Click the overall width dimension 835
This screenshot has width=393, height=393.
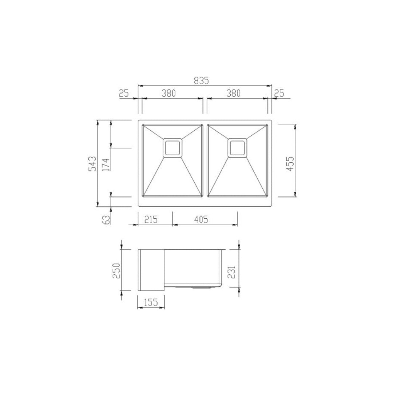[201, 81]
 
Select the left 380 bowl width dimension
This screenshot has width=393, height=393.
[169, 93]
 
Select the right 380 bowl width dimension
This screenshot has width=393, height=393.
[234, 93]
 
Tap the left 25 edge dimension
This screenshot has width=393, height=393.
[124, 93]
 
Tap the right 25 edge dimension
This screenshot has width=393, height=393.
[279, 93]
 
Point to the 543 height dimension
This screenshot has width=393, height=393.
[92, 163]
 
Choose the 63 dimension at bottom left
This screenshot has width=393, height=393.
[107, 219]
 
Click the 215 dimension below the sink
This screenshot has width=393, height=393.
[151, 219]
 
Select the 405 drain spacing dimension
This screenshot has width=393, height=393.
[201, 219]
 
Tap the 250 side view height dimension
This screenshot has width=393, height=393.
[116, 270]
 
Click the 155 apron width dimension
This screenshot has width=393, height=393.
[151, 302]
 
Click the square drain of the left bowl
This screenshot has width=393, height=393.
[173, 148]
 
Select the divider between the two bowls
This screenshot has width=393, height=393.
[205, 160]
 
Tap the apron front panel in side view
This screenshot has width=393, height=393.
[151, 270]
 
